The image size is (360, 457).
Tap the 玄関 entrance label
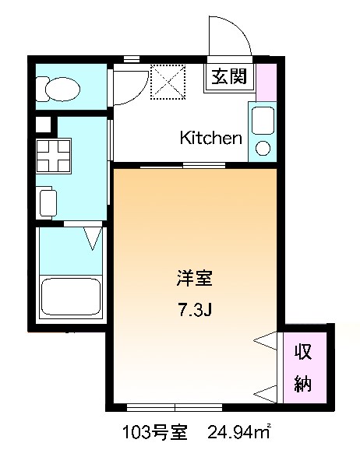coord(228,78)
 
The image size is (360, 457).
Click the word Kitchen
coord(210,139)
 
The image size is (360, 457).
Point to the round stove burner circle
coord(263,147)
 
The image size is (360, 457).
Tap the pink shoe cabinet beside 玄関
coord(266,82)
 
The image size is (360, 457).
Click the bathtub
coord(71,297)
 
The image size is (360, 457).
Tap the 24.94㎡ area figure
coord(238,431)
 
